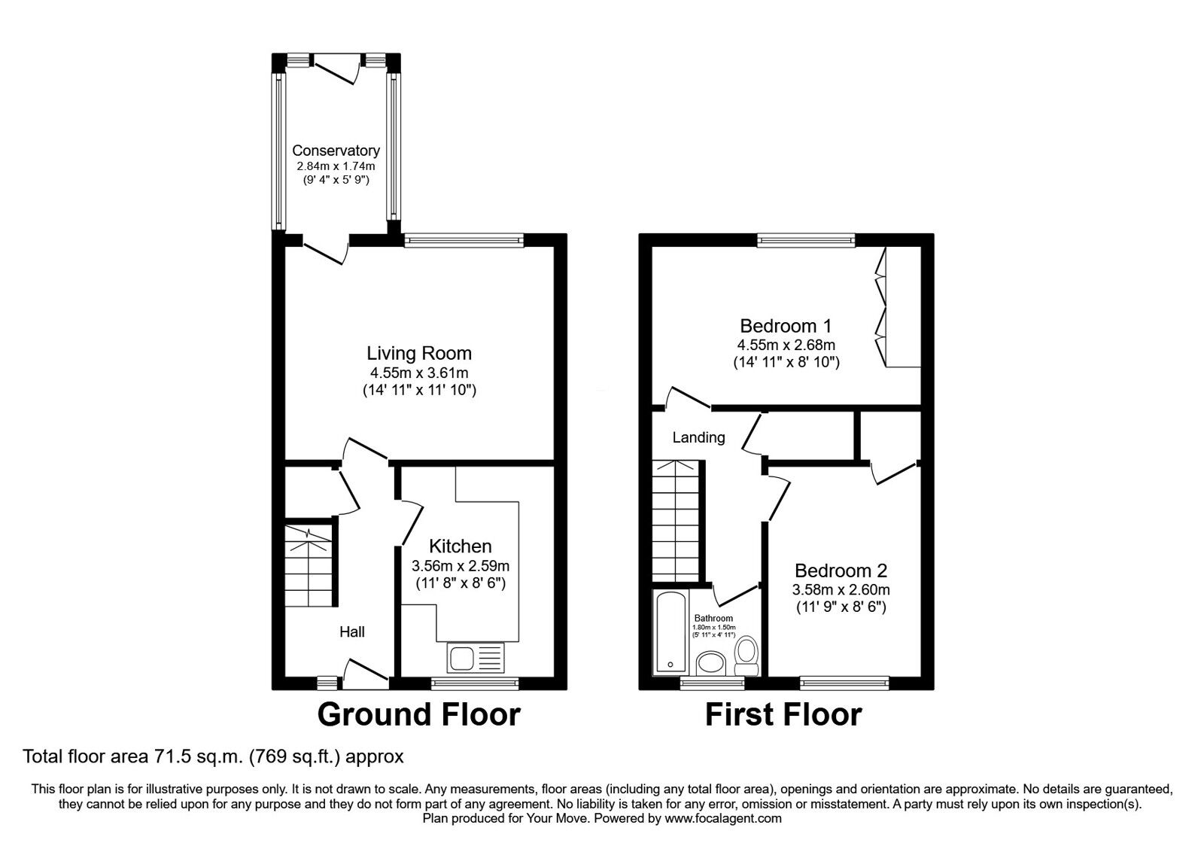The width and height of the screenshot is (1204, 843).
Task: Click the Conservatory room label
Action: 336,151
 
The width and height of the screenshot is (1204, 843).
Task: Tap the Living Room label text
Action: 419,353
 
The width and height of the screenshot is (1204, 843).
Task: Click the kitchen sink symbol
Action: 475,659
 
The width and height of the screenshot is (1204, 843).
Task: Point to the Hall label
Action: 352,631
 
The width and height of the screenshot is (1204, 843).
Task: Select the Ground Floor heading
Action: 418,714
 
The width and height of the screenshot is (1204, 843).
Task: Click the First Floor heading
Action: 783,714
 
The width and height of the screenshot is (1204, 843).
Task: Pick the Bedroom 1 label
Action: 786,326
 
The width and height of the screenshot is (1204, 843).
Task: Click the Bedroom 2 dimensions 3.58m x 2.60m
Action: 841,590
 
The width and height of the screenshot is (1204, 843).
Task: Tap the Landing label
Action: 698,437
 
